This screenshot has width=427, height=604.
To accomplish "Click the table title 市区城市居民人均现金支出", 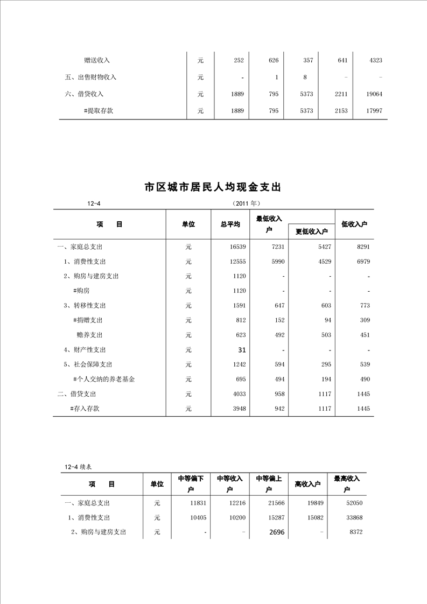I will pyautogui.click(x=213, y=187).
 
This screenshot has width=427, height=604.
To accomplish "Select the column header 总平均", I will pyautogui.click(x=230, y=224).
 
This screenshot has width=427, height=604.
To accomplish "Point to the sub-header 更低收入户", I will pyautogui.click(x=312, y=231).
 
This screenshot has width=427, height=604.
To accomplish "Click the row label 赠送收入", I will pyautogui.click(x=97, y=60).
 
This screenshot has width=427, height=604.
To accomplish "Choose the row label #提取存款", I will pyautogui.click(x=99, y=110).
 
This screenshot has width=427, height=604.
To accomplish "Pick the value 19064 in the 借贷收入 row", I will pyautogui.click(x=373, y=94).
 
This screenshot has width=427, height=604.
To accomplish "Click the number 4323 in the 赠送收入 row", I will pyautogui.click(x=375, y=61).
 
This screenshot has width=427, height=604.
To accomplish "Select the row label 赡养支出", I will pyautogui.click(x=89, y=335).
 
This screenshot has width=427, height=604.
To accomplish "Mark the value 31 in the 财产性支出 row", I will pyautogui.click(x=242, y=350).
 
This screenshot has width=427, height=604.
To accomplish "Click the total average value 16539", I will pyautogui.click(x=237, y=247).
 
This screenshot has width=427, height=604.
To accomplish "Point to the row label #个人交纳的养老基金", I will pyautogui.click(x=103, y=379).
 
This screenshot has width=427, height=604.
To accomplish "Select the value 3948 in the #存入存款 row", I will pyautogui.click(x=238, y=409).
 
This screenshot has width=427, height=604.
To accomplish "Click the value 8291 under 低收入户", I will pyautogui.click(x=363, y=247).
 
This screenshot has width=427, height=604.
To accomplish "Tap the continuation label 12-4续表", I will pyautogui.click(x=79, y=467).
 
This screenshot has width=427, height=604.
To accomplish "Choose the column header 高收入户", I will pyautogui.click(x=307, y=484).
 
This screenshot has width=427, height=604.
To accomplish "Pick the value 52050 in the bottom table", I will pyautogui.click(x=353, y=503).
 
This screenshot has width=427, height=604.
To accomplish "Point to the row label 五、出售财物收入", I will pyautogui.click(x=90, y=77).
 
